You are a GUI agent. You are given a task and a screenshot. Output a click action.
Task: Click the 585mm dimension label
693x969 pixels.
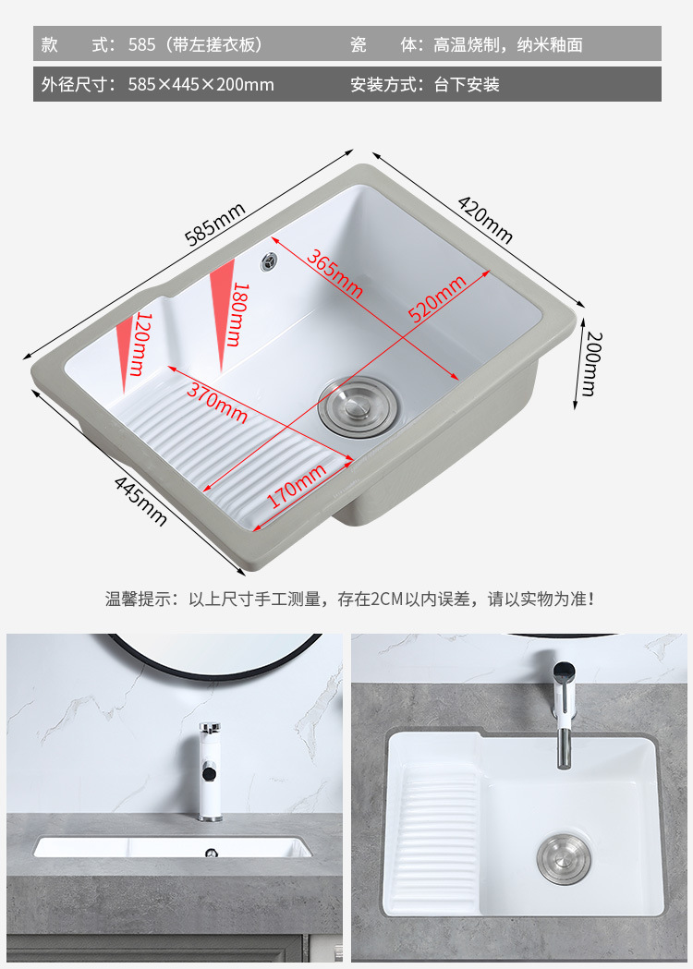[x=215, y=224]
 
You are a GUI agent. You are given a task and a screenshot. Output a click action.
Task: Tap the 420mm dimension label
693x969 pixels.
[x=485, y=219]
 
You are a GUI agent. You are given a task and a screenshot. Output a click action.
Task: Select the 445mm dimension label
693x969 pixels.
[x=140, y=502]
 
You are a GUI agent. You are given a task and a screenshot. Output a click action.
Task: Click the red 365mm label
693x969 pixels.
[x=334, y=273]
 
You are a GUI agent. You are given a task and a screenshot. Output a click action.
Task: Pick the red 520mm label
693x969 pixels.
[x=437, y=299]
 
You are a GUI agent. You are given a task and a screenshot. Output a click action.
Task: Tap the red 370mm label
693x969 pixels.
[x=217, y=403]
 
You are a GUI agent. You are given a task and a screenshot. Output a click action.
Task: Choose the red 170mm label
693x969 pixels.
[x=296, y=486]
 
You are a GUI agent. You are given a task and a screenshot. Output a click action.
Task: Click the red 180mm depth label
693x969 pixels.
[x=237, y=314]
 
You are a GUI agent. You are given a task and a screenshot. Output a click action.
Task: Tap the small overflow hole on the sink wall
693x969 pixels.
[x=269, y=262]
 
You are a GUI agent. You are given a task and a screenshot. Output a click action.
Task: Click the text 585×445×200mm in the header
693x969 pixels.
[x=201, y=84]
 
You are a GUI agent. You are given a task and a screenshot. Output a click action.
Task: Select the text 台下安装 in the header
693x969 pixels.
[x=467, y=84]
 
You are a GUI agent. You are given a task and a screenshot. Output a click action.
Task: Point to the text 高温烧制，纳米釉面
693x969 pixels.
[x=507, y=44]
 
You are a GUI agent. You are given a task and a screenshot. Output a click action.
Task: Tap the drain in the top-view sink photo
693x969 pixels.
[x=563, y=859]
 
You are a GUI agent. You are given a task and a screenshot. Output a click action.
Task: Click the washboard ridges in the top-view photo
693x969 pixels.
[x=440, y=841]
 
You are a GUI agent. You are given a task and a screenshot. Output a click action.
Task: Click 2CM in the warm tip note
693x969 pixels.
[x=387, y=599]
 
